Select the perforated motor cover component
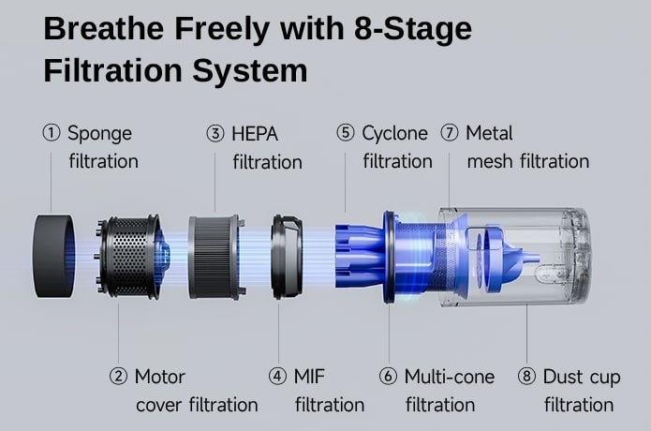pyautogui.click(x=128, y=257)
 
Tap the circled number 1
pyautogui.click(x=52, y=133)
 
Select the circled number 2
pyautogui.click(x=118, y=377)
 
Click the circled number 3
pyautogui.click(x=215, y=134)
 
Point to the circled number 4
pyautogui.click(x=277, y=377)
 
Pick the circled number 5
pyautogui.click(x=346, y=133)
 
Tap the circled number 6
pyautogui.click(x=388, y=377)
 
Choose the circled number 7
pyautogui.click(x=450, y=133)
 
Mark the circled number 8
pyautogui.click(x=526, y=377)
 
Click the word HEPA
pyautogui.click(x=255, y=134)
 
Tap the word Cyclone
pyautogui.click(x=394, y=134)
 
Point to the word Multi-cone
pyautogui.click(x=450, y=377)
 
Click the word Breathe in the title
pyautogui.click(x=104, y=29)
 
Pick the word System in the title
pyautogui.click(x=250, y=71)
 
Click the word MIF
pyautogui.click(x=309, y=377)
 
